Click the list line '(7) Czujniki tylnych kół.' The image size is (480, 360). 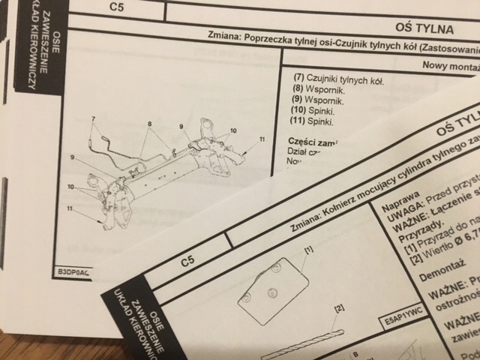click(x=337, y=79)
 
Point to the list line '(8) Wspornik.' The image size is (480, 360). click(x=318, y=90)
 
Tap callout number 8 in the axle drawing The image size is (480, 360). click(x=149, y=124)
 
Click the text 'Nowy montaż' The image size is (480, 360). click(x=451, y=64)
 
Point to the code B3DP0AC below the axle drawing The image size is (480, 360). click(x=72, y=273)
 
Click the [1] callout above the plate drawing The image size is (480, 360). click(x=307, y=247)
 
